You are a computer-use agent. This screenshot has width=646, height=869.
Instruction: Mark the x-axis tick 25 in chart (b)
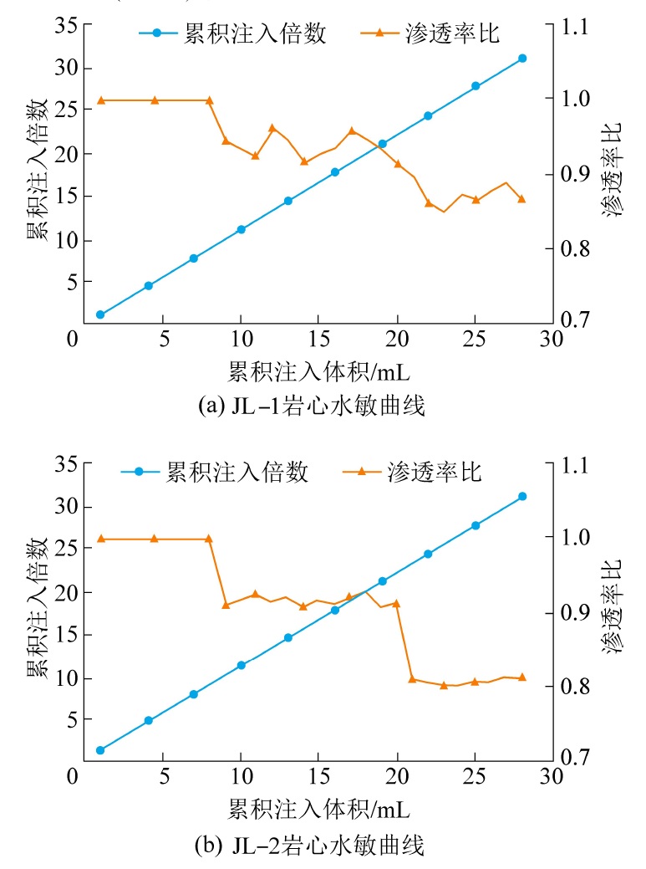(x=476, y=777)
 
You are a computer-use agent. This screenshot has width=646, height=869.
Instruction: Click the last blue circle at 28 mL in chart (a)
(x=522, y=58)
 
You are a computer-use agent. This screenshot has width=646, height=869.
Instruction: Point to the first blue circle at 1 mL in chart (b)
(x=100, y=750)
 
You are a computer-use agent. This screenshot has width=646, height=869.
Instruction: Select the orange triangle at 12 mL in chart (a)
(x=272, y=128)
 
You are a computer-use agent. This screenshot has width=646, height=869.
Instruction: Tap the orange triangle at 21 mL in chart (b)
(x=412, y=678)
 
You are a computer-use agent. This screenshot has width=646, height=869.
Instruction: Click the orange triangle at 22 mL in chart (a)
(x=429, y=203)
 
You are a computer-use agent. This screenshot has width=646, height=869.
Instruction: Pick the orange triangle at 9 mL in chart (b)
(x=226, y=605)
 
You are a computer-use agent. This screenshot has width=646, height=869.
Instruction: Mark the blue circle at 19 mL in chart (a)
(x=382, y=144)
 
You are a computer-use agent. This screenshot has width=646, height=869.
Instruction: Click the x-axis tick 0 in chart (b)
(x=75, y=777)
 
